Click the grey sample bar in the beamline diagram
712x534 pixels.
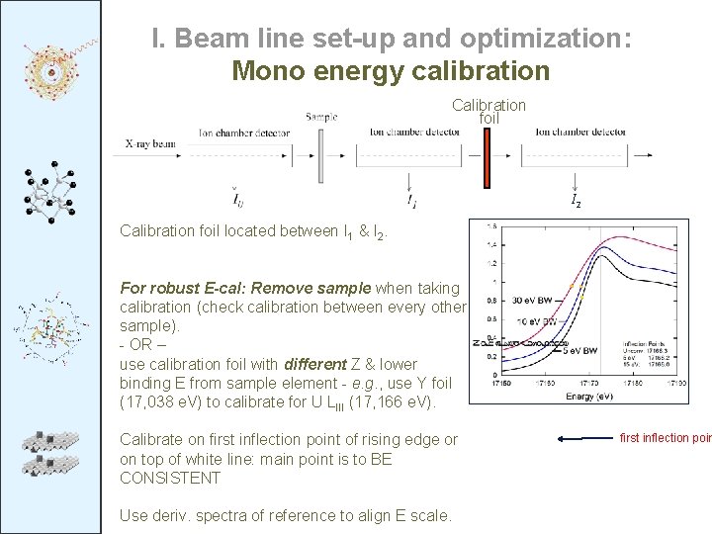point(320,155)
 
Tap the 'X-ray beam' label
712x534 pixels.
point(149,143)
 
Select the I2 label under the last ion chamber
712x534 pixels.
point(576,203)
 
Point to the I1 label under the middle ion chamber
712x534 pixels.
point(411,202)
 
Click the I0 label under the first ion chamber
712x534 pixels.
point(237,202)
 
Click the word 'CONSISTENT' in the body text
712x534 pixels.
point(171,478)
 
